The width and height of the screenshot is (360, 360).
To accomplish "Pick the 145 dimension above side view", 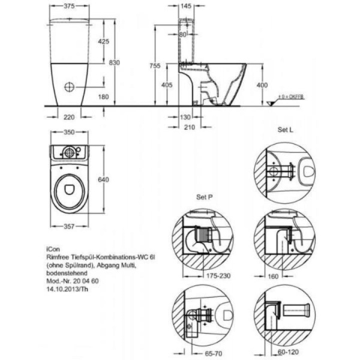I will point(185,6).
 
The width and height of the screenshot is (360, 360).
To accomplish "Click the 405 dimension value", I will point(167,85).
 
